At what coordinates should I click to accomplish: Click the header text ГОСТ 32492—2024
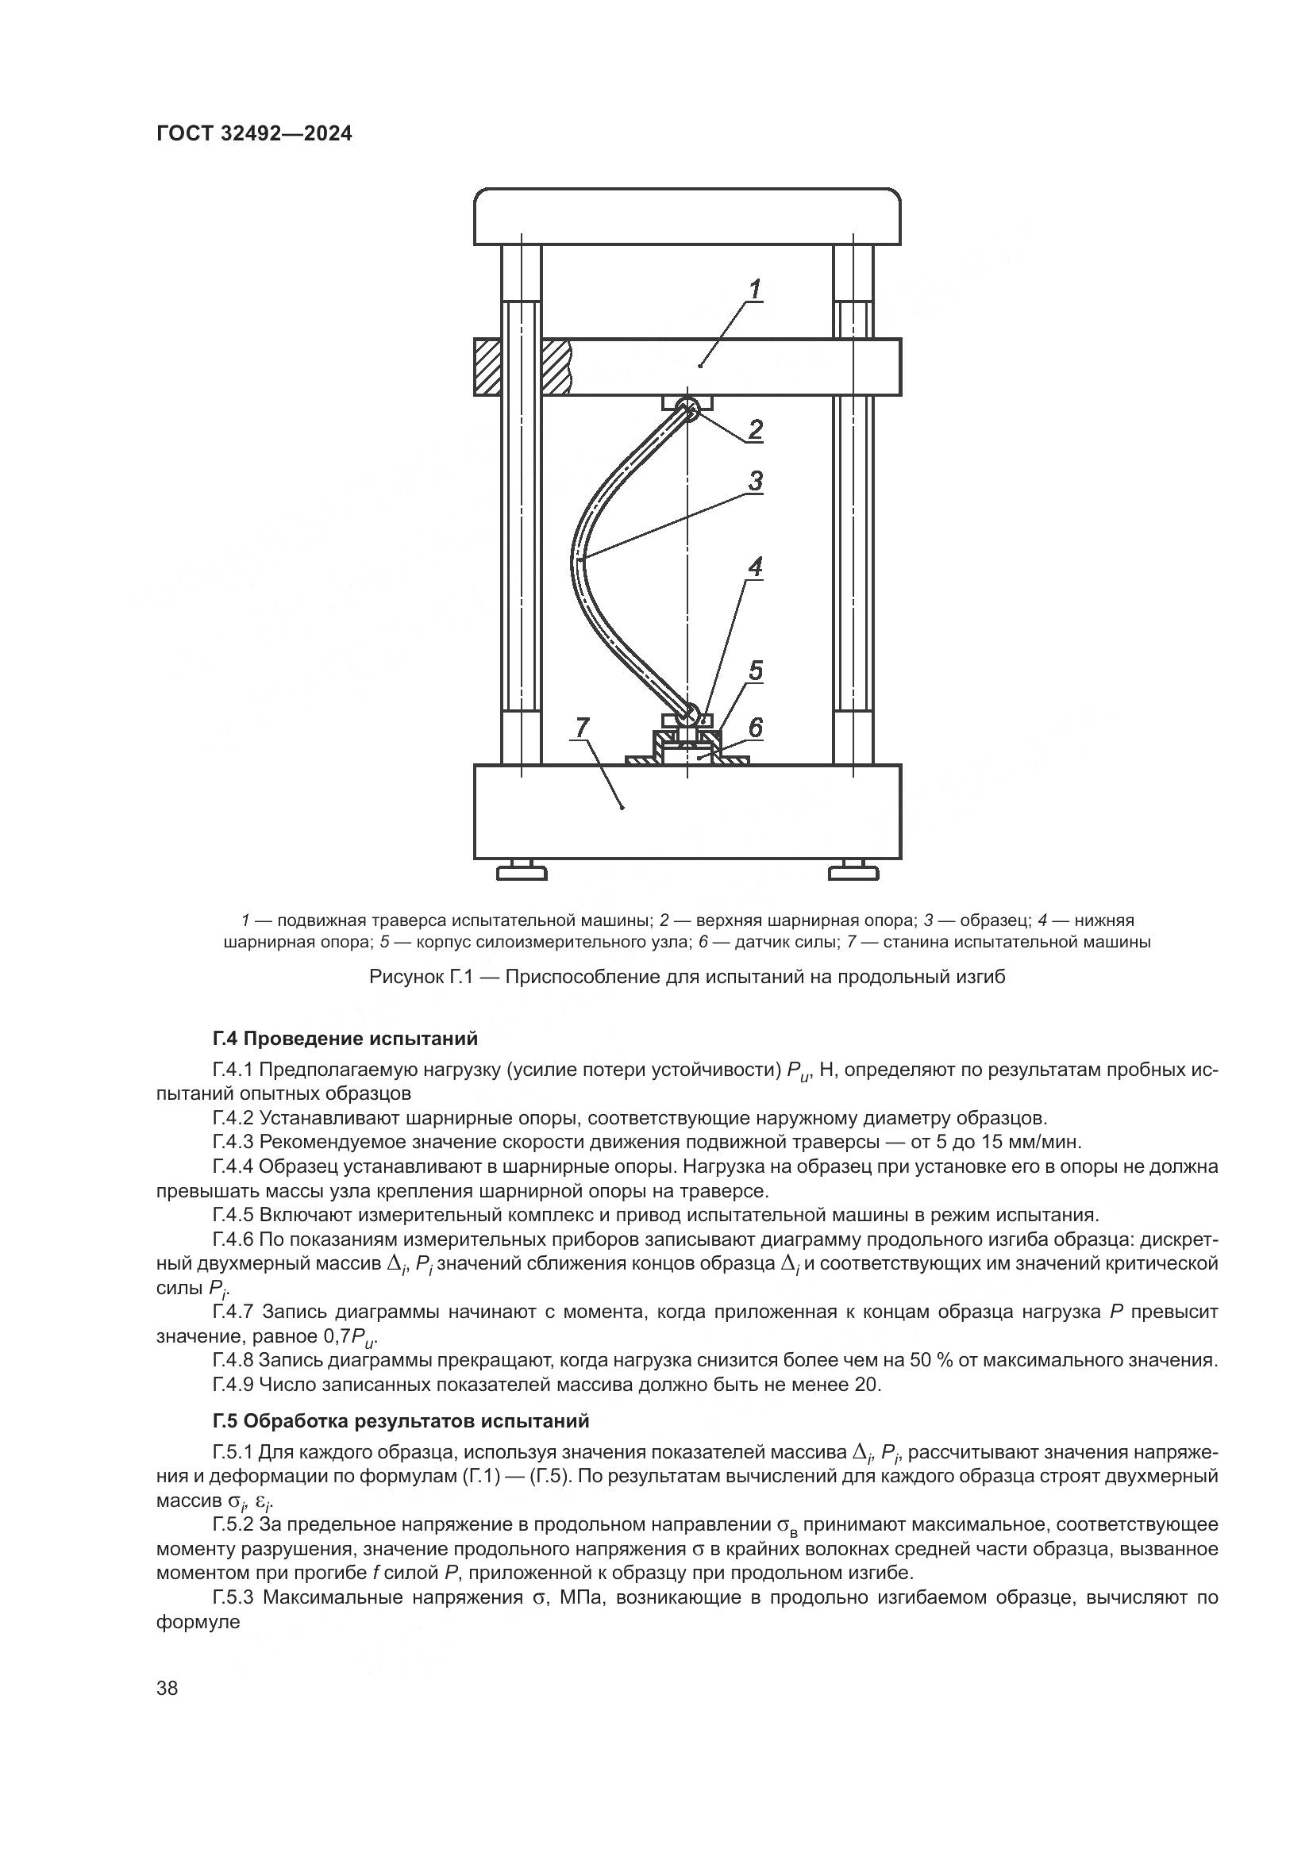tap(254, 134)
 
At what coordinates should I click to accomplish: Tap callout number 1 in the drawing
tap(755, 290)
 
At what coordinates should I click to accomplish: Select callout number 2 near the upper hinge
tap(755, 428)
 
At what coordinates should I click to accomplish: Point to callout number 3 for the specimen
tap(755, 482)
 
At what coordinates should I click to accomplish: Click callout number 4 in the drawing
tap(755, 567)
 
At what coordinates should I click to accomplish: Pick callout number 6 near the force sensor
tap(754, 728)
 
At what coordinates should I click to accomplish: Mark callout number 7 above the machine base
tap(582, 728)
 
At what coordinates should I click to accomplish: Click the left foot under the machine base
tap(522, 871)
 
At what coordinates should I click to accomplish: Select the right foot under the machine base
tap(853, 871)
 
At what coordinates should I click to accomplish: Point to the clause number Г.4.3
tap(233, 1142)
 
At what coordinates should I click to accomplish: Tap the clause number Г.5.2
tap(233, 1524)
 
